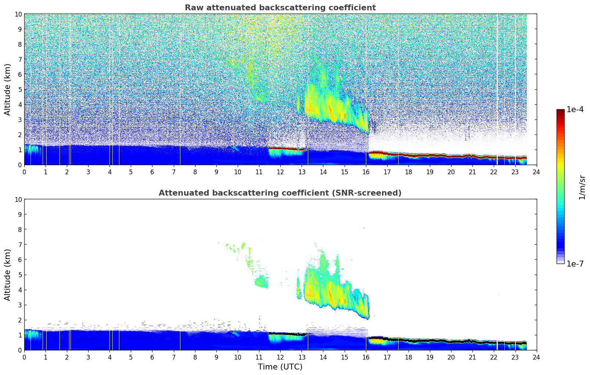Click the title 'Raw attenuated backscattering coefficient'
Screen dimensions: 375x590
[x=280, y=8]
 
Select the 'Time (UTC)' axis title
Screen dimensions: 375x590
[x=280, y=367]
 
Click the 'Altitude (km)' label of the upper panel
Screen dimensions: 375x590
[x=8, y=89]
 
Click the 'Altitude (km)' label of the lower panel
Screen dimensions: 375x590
[x=8, y=275]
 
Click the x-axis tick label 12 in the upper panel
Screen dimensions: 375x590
[x=280, y=172]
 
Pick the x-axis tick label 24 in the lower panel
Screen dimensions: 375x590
[x=536, y=357]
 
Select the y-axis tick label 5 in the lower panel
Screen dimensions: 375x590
[x=20, y=275]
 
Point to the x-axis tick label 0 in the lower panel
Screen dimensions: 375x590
[x=24, y=357]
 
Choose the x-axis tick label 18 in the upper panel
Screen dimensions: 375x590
[x=408, y=172]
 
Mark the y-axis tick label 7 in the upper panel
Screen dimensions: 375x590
[x=20, y=59]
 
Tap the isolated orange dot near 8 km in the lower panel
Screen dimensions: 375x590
[x=364, y=228]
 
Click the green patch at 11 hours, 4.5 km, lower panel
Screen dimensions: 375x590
[x=261, y=282]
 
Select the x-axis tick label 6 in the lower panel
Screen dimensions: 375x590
[x=152, y=357]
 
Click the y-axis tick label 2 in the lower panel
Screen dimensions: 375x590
[x=20, y=320]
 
